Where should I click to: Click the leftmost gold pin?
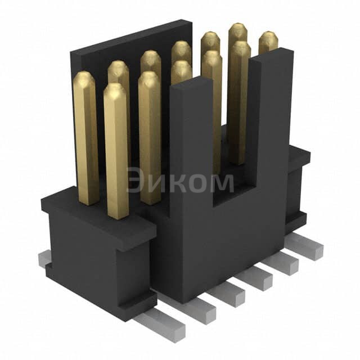[86, 135]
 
